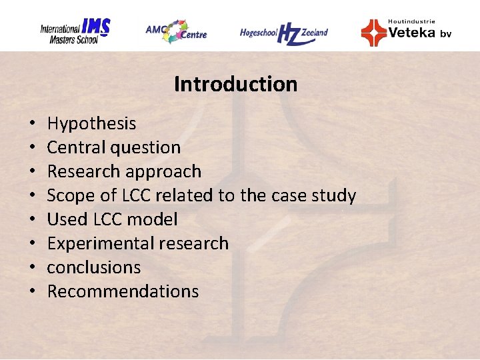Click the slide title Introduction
click(x=235, y=85)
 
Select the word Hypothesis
click(x=91, y=124)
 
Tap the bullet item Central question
click(x=113, y=147)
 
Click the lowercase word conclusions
click(x=94, y=267)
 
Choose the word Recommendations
click(x=123, y=291)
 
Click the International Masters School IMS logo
click(x=75, y=31)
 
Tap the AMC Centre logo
click(x=176, y=31)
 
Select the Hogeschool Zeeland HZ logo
click(x=284, y=33)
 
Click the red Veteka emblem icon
click(x=373, y=32)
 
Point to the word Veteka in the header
click(x=411, y=32)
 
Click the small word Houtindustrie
click(x=411, y=21)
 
